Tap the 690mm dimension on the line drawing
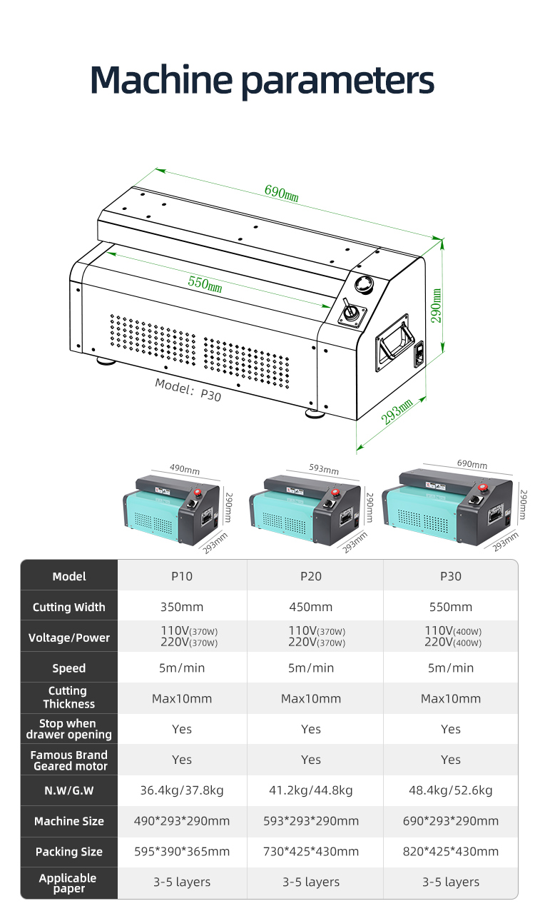pyautogui.click(x=281, y=192)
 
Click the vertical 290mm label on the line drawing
pyautogui.click(x=436, y=305)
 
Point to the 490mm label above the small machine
pyautogui.click(x=184, y=469)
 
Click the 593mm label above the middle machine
pyautogui.click(x=323, y=469)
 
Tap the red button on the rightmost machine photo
pyautogui.click(x=483, y=488)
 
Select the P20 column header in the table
pyautogui.click(x=311, y=576)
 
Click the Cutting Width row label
pyautogui.click(x=69, y=608)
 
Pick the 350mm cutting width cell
pyautogui.click(x=182, y=607)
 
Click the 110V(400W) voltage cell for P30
pyautogui.click(x=453, y=631)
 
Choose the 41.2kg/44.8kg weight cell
pyautogui.click(x=311, y=790)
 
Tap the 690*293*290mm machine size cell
pyautogui.click(x=451, y=821)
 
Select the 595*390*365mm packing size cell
pyautogui.click(x=182, y=852)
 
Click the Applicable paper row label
pyautogui.click(x=68, y=883)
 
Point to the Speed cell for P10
pyautogui.click(x=182, y=668)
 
